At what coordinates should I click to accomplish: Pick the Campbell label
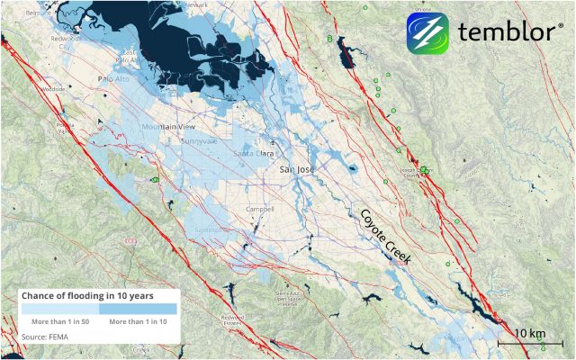[x=260, y=210]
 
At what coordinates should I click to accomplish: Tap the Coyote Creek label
[x=385, y=236]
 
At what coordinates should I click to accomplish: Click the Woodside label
[x=52, y=90]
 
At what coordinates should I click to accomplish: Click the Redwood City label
[x=67, y=45]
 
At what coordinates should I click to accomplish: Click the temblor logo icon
[x=427, y=33]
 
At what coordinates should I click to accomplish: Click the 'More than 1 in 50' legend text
[x=61, y=320]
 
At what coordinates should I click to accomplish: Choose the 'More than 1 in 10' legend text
[x=139, y=320]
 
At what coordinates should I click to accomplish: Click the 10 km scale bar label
[x=530, y=333]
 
